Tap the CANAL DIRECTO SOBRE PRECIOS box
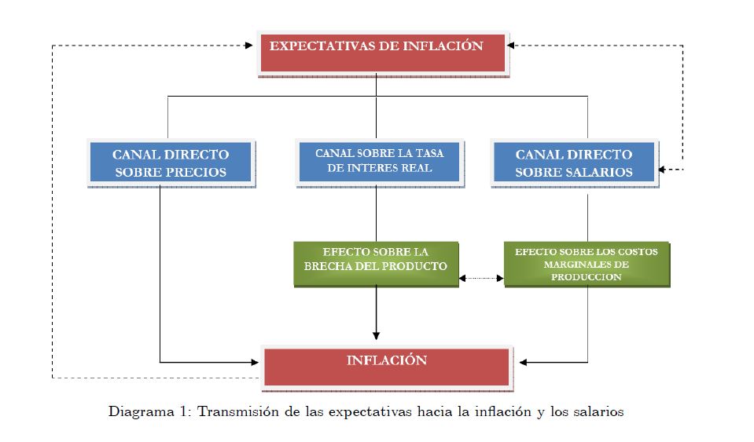tap(171, 163)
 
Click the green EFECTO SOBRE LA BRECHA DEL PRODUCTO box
tap(376, 262)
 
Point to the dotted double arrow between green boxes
tap(481, 277)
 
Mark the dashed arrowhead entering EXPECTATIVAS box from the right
tap(511, 46)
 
